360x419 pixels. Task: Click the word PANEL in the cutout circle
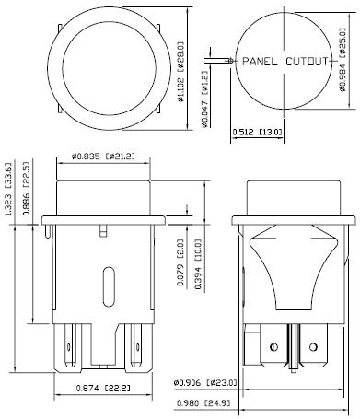tap(260, 62)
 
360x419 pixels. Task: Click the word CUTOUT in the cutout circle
tap(307, 62)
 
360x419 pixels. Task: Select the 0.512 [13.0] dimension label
tap(257, 132)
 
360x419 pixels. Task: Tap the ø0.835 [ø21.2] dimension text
tap(103, 157)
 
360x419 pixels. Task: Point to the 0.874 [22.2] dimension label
tap(103, 388)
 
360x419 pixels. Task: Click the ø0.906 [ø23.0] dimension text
tap(205, 382)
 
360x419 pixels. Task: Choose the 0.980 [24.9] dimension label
tap(203, 402)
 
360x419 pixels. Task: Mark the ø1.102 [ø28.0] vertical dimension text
tap(181, 72)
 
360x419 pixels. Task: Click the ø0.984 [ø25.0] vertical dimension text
tap(343, 59)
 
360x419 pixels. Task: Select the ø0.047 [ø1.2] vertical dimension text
tap(204, 99)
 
